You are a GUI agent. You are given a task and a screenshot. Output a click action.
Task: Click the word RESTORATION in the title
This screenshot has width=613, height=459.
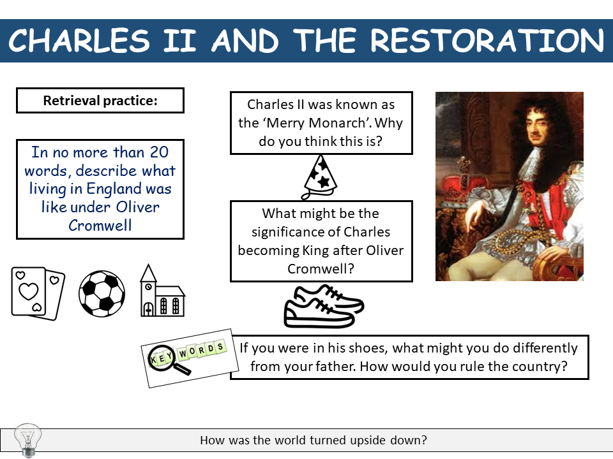tap(487, 41)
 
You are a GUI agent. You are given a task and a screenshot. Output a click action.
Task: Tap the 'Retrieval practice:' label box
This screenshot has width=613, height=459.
tap(100, 101)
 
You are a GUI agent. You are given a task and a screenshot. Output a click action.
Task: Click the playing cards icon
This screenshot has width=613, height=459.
tap(38, 293)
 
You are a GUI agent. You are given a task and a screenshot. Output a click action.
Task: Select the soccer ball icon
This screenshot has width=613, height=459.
tap(102, 294)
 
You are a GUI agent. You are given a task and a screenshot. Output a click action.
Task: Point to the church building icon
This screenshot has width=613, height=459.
tap(161, 292)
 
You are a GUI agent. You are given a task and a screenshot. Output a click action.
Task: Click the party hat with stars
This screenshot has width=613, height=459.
tap(320, 177)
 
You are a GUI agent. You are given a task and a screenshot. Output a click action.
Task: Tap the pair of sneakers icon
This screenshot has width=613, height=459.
tap(323, 306)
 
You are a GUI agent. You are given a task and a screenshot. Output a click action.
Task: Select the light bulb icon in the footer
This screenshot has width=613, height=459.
tap(27, 439)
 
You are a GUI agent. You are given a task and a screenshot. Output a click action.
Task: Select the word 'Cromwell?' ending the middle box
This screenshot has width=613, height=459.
tap(321, 268)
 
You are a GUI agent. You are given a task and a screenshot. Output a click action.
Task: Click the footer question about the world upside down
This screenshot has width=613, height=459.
tap(314, 440)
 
